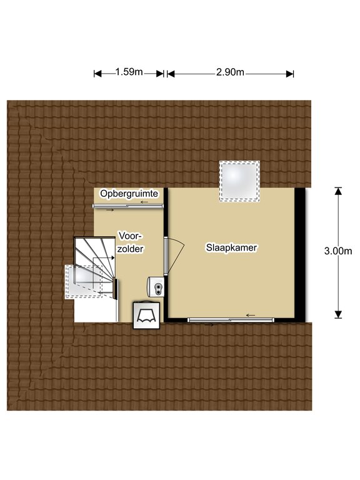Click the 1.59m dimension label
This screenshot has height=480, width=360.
129,72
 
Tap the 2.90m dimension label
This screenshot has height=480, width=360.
230,72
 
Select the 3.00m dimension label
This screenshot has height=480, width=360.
338,251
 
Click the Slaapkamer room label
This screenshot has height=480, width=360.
231,247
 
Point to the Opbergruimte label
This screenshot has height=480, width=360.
129,194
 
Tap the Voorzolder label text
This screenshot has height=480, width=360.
131,242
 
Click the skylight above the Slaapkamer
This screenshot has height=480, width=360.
239,181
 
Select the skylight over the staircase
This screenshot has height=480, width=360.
84,282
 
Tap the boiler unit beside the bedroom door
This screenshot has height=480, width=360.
156,286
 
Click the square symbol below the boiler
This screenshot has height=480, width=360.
146,315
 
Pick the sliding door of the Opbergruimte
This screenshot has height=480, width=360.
128,206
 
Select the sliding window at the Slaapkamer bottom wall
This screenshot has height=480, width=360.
231,320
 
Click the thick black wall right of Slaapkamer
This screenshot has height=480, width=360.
300,255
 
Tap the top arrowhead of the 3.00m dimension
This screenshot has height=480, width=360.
338,191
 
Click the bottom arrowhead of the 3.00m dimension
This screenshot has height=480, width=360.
338,315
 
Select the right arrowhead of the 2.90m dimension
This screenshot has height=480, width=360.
290,74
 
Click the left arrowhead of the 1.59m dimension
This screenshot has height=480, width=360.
97,74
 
